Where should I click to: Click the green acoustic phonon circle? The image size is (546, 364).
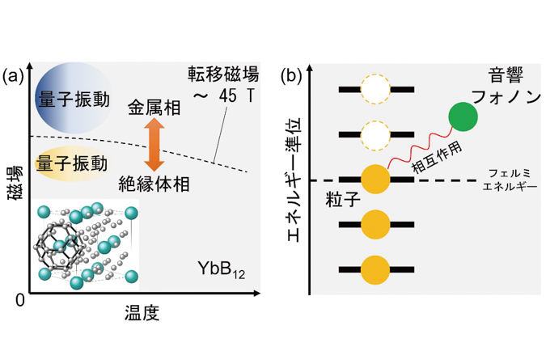pyautogui.click(x=463, y=116)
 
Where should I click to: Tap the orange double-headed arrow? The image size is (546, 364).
pyautogui.click(x=154, y=145)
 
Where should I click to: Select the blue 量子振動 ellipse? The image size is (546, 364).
pyautogui.click(x=74, y=98)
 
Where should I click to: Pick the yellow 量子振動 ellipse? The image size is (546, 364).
pyautogui.click(x=72, y=163)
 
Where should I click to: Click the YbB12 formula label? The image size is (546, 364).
pyautogui.click(x=222, y=269)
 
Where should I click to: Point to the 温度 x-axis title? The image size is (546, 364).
pyautogui.click(x=142, y=312)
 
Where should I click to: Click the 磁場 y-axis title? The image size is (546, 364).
pyautogui.click(x=15, y=183)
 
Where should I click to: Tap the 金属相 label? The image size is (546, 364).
pyautogui.click(x=154, y=108)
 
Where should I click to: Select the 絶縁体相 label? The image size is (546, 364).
pyautogui.click(x=154, y=184)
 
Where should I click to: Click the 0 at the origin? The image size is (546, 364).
pyautogui.click(x=20, y=300)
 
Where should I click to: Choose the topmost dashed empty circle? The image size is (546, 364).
pyautogui.click(x=375, y=89)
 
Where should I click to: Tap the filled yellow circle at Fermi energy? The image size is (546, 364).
pyautogui.click(x=375, y=179)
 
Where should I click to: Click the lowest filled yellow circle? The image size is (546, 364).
pyautogui.click(x=375, y=269)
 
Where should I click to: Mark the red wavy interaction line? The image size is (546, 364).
pyautogui.click(x=420, y=148)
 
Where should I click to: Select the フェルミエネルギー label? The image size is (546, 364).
pyautogui.click(x=510, y=180)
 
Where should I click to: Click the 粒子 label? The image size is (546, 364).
pyautogui.click(x=343, y=199)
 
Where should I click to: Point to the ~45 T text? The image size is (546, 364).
pyautogui.click(x=224, y=95)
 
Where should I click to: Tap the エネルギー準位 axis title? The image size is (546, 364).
pyautogui.click(x=294, y=180)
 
